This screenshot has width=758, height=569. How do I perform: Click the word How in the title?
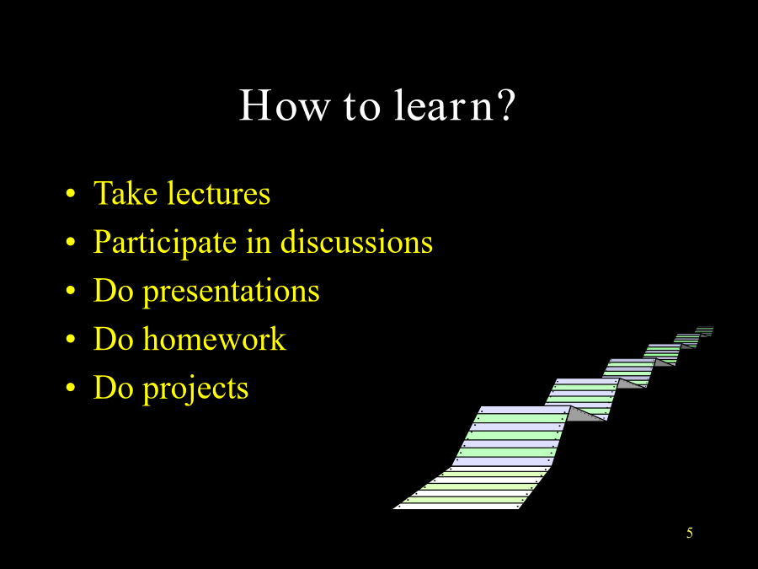tap(285, 105)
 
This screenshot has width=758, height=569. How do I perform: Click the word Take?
tap(125, 193)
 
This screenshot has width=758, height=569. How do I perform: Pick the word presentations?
tap(232, 292)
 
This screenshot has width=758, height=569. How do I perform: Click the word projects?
tap(195, 389)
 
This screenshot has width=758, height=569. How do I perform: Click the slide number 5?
tap(690, 533)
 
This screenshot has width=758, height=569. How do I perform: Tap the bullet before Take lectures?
tap(71, 193)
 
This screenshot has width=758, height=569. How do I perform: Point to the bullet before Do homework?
tap(71, 339)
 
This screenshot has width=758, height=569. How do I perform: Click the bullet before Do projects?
tap(71, 388)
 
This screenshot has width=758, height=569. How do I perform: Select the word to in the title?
tap(362, 105)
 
